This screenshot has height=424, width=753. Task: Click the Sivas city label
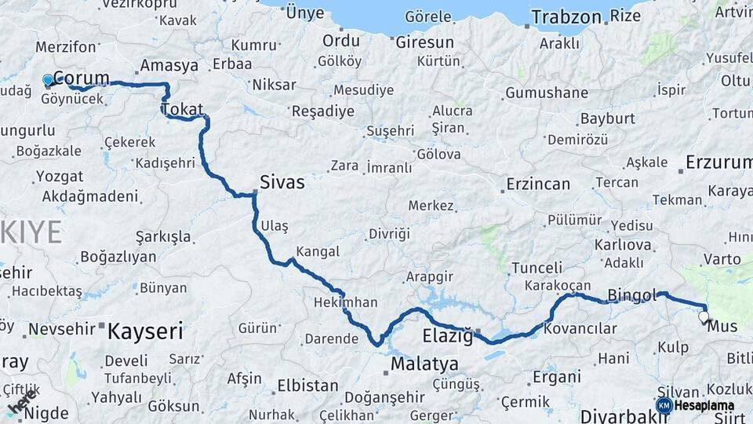coord(282,182)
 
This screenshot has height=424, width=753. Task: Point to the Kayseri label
coord(145,330)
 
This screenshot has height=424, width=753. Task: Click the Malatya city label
coord(424,364)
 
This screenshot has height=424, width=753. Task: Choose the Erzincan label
coord(538,185)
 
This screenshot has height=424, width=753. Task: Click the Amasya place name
coord(169,66)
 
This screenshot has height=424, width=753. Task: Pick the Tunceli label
coord(537,268)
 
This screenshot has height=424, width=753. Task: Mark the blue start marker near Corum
coord(48,79)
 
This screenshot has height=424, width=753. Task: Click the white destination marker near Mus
coord(704,317)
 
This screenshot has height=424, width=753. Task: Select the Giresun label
coord(424,42)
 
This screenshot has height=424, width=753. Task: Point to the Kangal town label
coord(317,252)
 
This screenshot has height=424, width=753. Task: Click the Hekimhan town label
coord(345,302)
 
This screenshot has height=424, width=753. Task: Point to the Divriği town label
coord(389,233)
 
